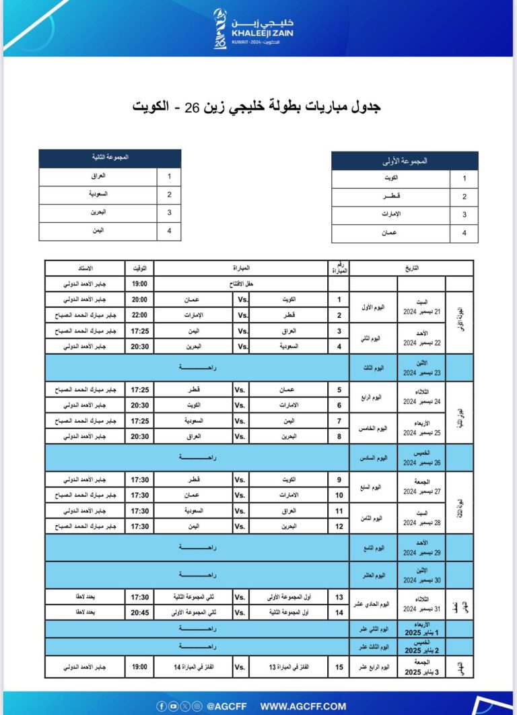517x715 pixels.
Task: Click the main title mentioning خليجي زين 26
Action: tap(258, 107)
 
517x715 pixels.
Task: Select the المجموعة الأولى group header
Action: tap(405, 161)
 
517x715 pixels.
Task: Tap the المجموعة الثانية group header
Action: tap(110, 158)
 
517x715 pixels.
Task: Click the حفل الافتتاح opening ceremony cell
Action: tap(240, 283)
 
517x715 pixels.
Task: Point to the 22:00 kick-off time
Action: tap(139, 314)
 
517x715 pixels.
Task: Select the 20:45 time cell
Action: tap(139, 612)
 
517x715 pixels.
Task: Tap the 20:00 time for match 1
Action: tap(139, 298)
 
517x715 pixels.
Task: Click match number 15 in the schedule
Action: tap(339, 667)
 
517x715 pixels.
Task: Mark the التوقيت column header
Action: tap(139, 267)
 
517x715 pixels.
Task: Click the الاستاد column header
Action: tap(85, 267)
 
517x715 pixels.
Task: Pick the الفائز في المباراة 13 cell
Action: tap(289, 667)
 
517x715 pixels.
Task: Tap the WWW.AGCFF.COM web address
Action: tap(303, 706)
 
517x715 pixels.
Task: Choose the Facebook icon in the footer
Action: tap(161, 706)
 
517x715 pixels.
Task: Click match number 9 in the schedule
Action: tap(339, 481)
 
